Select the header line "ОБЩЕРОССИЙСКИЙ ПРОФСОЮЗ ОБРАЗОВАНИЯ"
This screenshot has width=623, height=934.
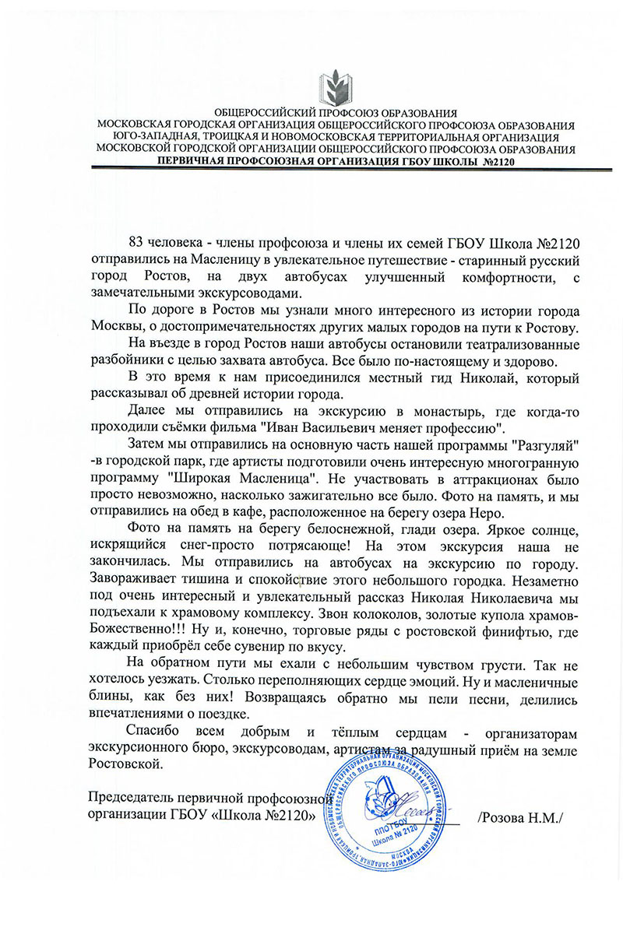point(335,114)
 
